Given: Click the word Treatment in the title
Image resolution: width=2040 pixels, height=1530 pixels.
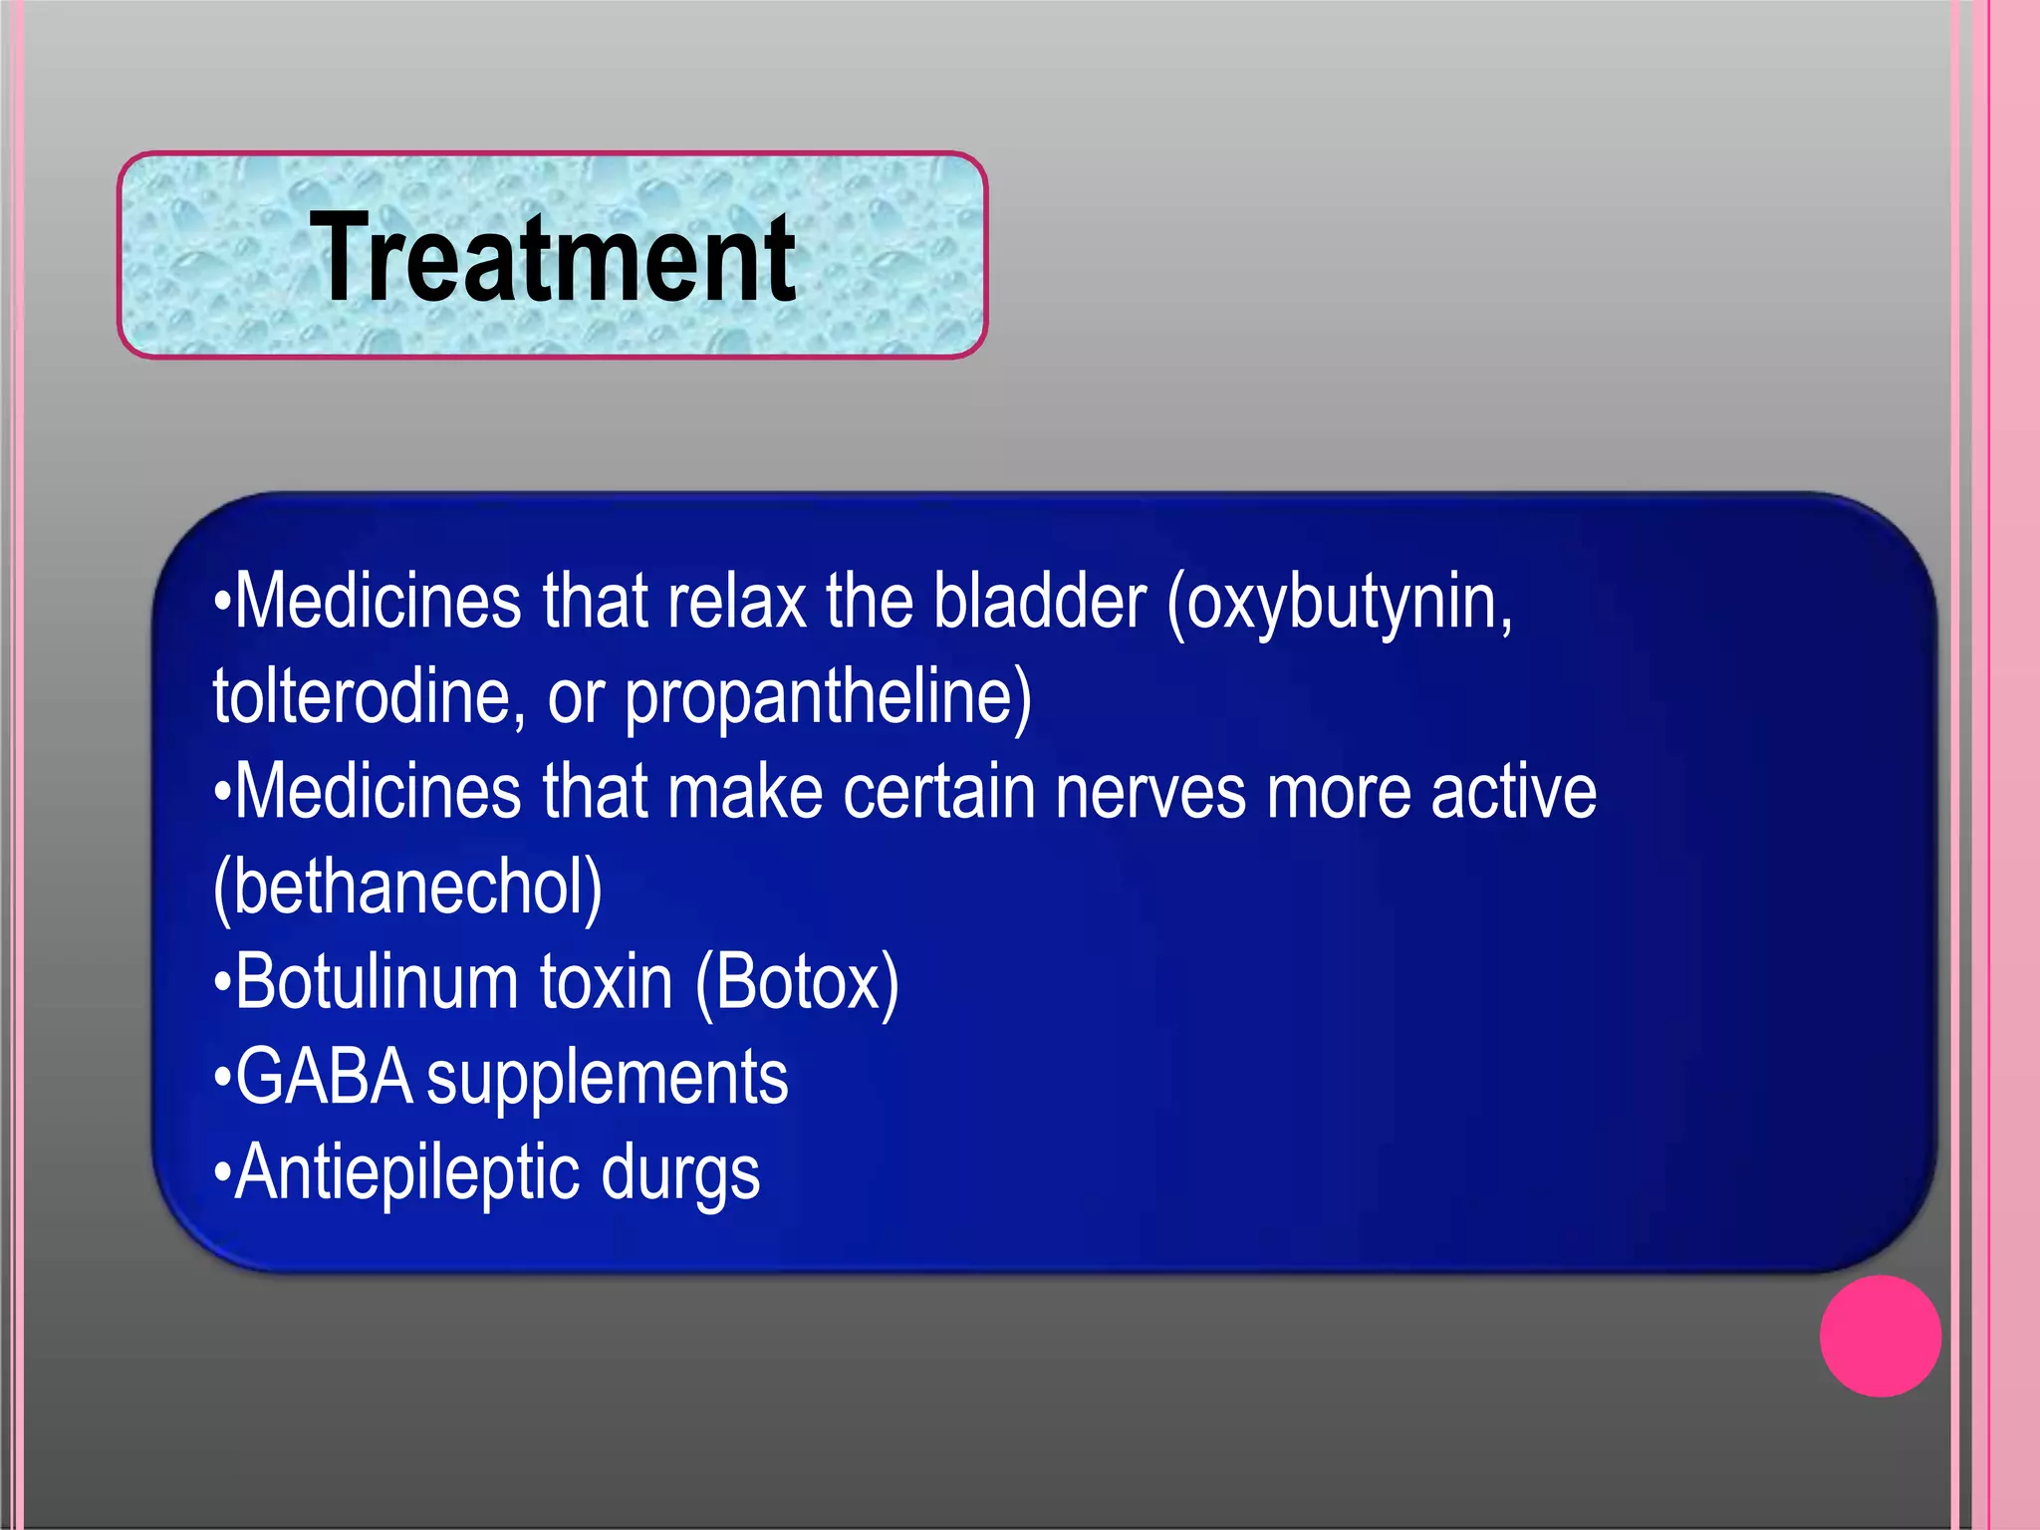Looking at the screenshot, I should (552, 258).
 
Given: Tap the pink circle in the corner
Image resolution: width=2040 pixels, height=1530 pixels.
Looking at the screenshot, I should (1880, 1336).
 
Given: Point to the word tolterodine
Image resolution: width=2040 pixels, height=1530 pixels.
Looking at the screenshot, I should (369, 696).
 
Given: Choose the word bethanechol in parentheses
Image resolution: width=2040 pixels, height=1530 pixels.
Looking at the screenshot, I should (408, 887).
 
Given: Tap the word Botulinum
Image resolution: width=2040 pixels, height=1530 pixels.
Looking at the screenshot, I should (377, 981).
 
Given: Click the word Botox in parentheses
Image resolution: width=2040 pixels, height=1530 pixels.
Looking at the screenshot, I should (798, 983).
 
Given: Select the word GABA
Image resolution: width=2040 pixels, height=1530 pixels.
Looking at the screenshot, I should (325, 1077).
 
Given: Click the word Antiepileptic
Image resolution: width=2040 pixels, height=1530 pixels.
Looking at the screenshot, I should (406, 1173).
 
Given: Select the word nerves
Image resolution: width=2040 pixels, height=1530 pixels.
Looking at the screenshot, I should (1150, 792).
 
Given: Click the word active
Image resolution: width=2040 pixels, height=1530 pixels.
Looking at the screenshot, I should (1513, 792).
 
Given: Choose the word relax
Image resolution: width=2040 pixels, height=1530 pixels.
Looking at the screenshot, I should (736, 602).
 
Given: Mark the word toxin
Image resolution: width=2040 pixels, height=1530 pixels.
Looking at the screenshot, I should (607, 981).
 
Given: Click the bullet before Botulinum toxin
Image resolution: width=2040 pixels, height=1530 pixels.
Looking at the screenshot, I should (222, 983).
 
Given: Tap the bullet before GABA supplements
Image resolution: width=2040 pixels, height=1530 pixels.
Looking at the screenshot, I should (222, 1078).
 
